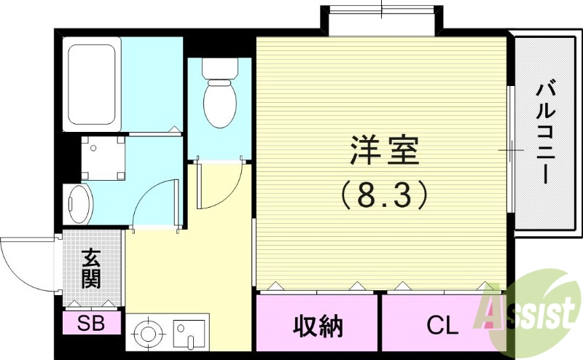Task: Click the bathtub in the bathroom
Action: pos(92,85)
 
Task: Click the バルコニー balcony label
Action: pos(546,132)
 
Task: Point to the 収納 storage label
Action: pos(318,326)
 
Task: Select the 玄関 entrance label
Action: pos(91,268)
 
